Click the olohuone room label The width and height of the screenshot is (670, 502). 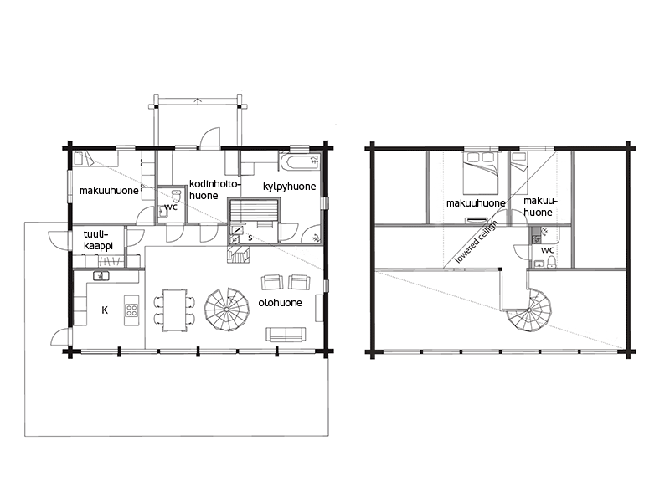pos(280,303)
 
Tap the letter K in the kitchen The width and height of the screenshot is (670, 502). pos(105,310)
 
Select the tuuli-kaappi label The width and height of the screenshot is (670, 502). pos(98,240)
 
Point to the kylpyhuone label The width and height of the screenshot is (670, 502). pos(289,187)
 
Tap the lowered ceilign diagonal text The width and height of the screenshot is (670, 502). pos(476,242)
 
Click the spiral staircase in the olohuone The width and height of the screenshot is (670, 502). pos(226,309)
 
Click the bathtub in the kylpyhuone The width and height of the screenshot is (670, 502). pos(300,163)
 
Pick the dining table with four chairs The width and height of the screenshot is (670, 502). pos(174,310)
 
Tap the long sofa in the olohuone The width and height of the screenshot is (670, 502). pos(286,334)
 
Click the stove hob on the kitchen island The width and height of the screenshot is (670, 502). pos(131,310)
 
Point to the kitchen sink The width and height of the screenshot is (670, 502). pos(100,276)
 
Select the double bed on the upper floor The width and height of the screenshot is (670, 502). pos(481,172)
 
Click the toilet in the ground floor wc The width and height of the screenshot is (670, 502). pos(176,196)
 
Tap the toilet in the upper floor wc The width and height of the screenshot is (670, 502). pos(551,262)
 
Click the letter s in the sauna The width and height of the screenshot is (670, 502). pos(250,238)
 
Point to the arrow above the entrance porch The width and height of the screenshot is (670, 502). pos(198,101)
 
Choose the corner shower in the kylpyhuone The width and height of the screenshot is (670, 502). pos(312,234)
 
